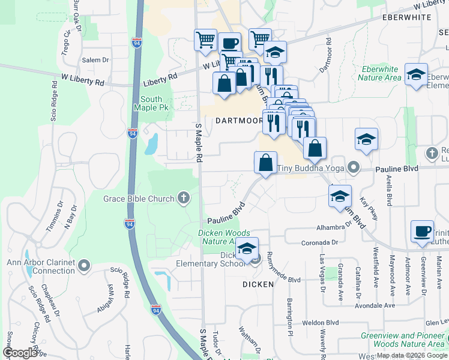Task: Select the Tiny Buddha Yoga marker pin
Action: point(354,168)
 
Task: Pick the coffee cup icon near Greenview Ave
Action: point(422,232)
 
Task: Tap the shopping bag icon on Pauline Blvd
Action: point(265,162)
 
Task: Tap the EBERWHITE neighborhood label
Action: point(406,18)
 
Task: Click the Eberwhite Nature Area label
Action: point(379,73)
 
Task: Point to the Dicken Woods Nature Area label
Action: point(216,237)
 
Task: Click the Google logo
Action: point(20,353)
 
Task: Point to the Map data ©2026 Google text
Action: point(411,355)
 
